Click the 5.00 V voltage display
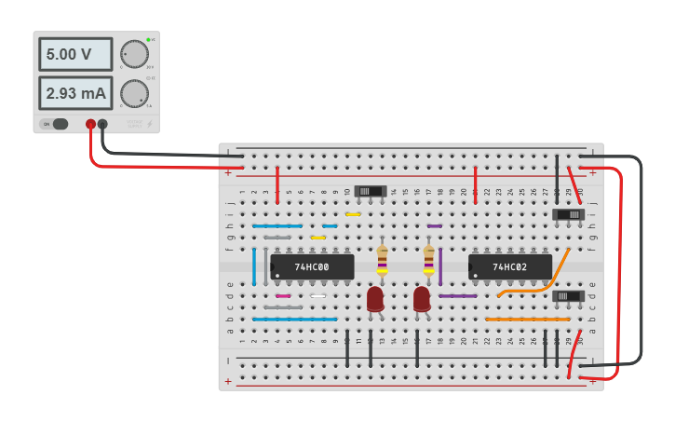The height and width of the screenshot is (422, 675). click(75, 54)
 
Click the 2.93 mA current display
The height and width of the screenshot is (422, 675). click(75, 93)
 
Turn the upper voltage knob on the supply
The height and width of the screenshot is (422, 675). click(134, 54)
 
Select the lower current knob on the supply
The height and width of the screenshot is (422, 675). click(134, 93)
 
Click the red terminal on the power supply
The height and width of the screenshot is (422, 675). click(90, 124)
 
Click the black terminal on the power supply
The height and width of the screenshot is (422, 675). click(102, 124)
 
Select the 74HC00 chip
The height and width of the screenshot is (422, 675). click(312, 267)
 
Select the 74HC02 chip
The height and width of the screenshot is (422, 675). click(510, 267)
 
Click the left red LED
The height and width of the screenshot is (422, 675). click(375, 298)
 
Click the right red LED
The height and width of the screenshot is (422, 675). click(422, 298)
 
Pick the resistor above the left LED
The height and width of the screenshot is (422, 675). click(382, 262)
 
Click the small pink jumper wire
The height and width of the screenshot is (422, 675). click(283, 296)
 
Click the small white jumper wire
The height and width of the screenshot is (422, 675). click(318, 296)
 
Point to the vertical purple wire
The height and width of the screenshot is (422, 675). click(440, 266)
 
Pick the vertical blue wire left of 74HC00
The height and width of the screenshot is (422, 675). click(254, 266)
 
